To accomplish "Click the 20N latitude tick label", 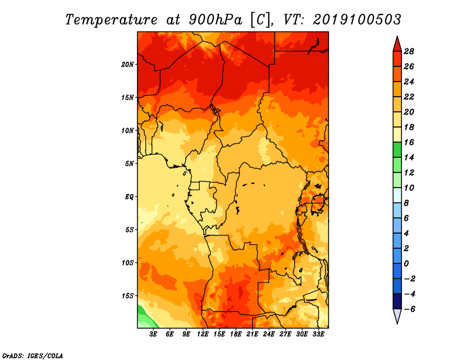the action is click(x=128, y=65).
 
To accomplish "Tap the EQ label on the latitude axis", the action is click(x=129, y=197).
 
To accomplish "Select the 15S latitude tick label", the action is click(x=128, y=296).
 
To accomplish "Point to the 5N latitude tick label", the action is click(x=129, y=164).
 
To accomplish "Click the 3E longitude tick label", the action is click(x=153, y=334).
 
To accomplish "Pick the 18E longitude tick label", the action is click(x=236, y=334).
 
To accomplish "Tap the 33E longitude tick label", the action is click(x=318, y=334).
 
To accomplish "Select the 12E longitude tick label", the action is click(x=203, y=334).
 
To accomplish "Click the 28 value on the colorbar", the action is click(x=409, y=51).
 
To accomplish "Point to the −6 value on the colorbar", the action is click(x=409, y=309).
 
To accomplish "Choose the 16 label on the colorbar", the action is click(x=409, y=142).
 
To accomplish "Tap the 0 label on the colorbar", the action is click(x=406, y=264).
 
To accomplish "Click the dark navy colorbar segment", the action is click(x=397, y=301).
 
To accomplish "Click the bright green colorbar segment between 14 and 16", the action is click(x=397, y=150).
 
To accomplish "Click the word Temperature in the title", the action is click(x=111, y=20).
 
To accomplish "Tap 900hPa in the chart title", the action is click(x=216, y=20).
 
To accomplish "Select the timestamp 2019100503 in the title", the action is click(x=357, y=20).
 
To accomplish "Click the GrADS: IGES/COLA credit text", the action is click(x=33, y=355).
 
